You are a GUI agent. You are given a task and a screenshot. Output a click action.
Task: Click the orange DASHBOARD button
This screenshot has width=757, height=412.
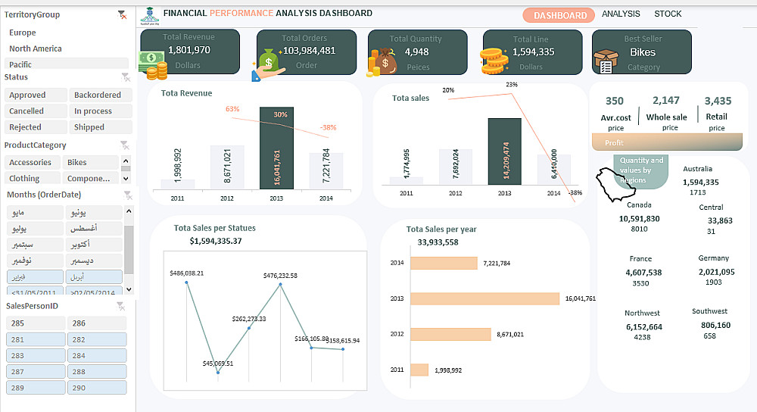559,15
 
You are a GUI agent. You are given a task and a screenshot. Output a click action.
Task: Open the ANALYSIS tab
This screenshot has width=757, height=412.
621,14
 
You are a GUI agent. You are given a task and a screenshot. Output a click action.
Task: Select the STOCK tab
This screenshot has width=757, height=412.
668,14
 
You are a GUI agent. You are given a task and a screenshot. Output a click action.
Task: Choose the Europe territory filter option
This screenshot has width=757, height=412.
23,33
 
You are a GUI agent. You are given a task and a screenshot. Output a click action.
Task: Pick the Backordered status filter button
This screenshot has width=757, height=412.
98,95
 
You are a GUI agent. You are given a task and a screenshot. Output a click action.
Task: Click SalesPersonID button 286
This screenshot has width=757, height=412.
98,323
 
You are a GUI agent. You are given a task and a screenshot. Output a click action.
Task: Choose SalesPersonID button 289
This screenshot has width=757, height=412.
36,388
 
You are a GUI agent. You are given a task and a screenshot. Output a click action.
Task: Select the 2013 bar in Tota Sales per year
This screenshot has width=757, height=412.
484,298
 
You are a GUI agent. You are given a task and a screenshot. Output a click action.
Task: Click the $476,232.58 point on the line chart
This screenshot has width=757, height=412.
281,284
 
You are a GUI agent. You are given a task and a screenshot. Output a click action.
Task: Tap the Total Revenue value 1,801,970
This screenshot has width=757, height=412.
188,50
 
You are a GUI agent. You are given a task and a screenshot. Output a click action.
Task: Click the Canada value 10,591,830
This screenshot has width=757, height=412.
639,219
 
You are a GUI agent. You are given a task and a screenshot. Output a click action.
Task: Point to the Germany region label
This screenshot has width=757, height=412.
713,258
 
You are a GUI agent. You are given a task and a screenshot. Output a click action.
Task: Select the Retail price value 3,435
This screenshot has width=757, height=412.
718,101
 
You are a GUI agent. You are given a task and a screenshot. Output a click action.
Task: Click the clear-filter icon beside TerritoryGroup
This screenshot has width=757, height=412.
123,14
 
